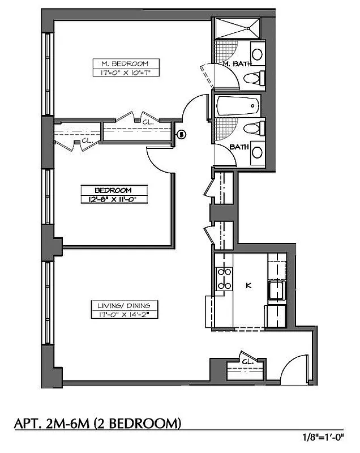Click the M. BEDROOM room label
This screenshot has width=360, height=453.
126,63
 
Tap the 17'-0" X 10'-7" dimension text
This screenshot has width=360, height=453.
126,72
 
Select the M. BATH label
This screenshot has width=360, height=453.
234,64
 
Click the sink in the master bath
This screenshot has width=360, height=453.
257,54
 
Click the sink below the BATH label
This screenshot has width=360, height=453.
257,152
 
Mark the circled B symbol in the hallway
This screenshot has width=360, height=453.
181,134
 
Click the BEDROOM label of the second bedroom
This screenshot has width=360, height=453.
113,190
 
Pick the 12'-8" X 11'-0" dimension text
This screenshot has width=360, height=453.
113,199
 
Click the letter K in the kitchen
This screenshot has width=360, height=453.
248,286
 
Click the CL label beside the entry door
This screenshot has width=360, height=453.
247,361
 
